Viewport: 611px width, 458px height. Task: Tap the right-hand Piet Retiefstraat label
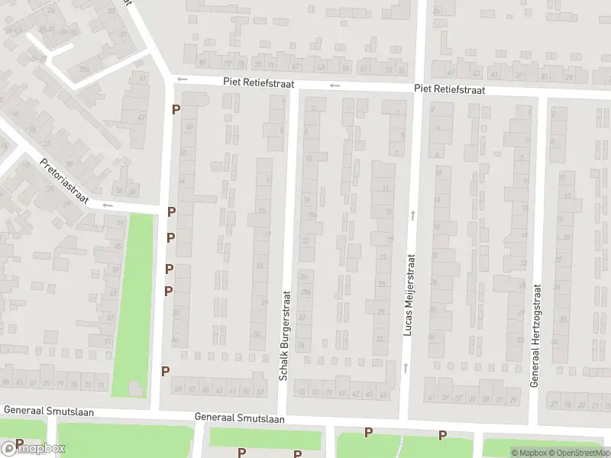[449, 89]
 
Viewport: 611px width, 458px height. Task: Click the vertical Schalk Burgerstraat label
[285, 335]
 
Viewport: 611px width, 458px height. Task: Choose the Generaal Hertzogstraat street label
[535, 335]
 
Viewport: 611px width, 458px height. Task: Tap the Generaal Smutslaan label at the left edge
[49, 411]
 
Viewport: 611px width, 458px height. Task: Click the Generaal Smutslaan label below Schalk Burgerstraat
[239, 418]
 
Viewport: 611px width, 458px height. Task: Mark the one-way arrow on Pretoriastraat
[107, 205]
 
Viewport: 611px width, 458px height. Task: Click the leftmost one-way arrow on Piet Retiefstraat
[182, 78]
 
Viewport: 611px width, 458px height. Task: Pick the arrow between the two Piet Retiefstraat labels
[335, 85]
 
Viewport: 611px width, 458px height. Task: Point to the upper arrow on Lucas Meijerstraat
[412, 215]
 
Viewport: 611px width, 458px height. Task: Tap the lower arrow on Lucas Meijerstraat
[406, 368]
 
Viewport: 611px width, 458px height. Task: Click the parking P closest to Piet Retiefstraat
[176, 109]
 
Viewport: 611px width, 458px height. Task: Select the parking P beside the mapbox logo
[20, 443]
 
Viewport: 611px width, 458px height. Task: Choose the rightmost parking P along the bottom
[441, 435]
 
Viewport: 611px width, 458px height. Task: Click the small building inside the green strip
[135, 389]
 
